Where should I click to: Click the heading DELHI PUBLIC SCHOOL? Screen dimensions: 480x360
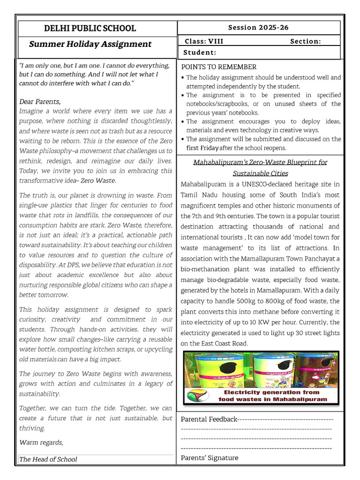click(x=90, y=28)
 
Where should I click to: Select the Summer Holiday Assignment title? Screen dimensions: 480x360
click(x=90, y=45)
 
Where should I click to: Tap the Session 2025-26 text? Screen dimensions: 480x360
click(x=258, y=28)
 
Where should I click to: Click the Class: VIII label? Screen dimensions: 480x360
click(x=204, y=41)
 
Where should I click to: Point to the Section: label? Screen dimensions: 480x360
click(x=306, y=41)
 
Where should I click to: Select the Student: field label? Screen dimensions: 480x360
click(x=200, y=52)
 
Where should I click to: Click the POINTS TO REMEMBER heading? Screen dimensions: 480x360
click(x=219, y=67)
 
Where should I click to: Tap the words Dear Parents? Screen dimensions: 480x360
click(x=40, y=101)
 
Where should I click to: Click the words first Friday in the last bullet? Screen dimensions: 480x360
click(x=202, y=148)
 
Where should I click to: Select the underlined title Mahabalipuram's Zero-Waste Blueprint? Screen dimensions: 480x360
click(x=261, y=162)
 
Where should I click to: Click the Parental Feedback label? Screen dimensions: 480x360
click(x=209, y=419)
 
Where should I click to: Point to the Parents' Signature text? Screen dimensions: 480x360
click(x=210, y=458)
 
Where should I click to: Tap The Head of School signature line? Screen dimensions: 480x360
click(x=48, y=459)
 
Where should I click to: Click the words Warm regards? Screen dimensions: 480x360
click(x=41, y=442)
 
